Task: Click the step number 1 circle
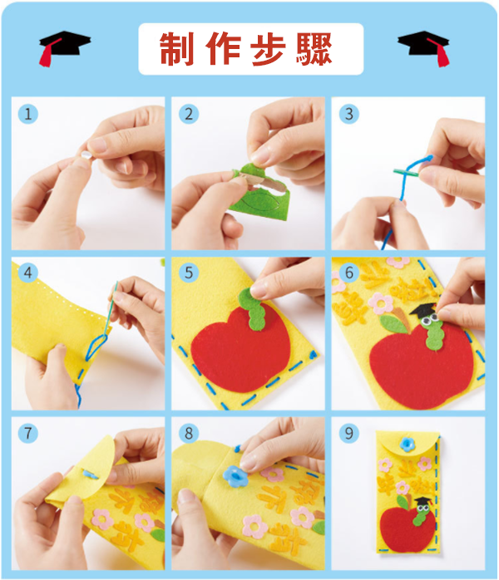(x=28, y=114)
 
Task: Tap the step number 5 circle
(x=189, y=273)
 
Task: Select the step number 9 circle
(x=349, y=433)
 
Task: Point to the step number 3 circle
(x=349, y=114)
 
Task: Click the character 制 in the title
(x=177, y=49)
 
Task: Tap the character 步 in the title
(x=268, y=49)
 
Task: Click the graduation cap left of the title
(x=64, y=47)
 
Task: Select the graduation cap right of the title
(x=424, y=47)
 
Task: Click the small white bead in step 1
(x=86, y=155)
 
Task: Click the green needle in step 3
(x=405, y=172)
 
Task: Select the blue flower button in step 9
(x=408, y=444)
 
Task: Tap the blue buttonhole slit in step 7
(x=91, y=474)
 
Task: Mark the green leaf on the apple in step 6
(x=393, y=324)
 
